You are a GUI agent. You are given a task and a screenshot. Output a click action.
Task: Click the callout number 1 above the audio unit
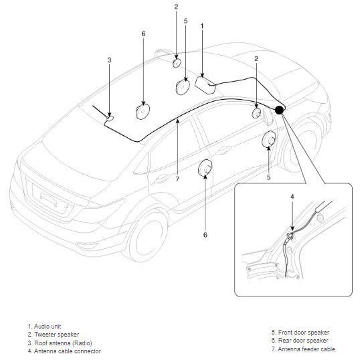pyautogui.click(x=202, y=26)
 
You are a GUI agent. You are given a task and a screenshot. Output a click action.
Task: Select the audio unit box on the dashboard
pyautogui.click(x=205, y=85)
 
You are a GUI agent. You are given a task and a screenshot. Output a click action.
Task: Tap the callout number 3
pyautogui.click(x=109, y=60)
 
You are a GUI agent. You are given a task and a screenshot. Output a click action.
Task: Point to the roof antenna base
pyautogui.click(x=110, y=118)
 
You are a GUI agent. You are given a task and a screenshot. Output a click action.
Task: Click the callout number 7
pyautogui.click(x=177, y=179)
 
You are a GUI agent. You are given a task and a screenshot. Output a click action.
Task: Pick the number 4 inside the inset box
pyautogui.click(x=292, y=197)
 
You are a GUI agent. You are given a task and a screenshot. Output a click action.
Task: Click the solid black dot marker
pyautogui.click(x=279, y=110)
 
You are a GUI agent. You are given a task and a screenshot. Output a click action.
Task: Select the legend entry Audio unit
pyautogui.click(x=44, y=327)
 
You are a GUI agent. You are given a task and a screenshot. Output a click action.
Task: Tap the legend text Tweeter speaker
pyautogui.click(x=54, y=335)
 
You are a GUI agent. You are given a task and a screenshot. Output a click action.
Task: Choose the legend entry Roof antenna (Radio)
pyautogui.click(x=60, y=343)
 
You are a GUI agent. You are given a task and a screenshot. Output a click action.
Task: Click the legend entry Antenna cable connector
pyautogui.click(x=64, y=351)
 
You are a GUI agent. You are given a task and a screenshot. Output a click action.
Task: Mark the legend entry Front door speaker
pyautogui.click(x=300, y=333)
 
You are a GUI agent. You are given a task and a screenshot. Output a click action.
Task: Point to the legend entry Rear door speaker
pyautogui.click(x=300, y=341)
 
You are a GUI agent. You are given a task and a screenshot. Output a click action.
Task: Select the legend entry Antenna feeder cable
pyautogui.click(x=303, y=349)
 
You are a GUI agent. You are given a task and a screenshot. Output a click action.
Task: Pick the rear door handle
pyautogui.click(x=161, y=179)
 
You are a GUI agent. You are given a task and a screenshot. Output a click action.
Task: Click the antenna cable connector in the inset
pyautogui.click(x=290, y=236)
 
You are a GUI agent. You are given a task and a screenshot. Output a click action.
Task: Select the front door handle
pyautogui.click(x=223, y=150)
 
